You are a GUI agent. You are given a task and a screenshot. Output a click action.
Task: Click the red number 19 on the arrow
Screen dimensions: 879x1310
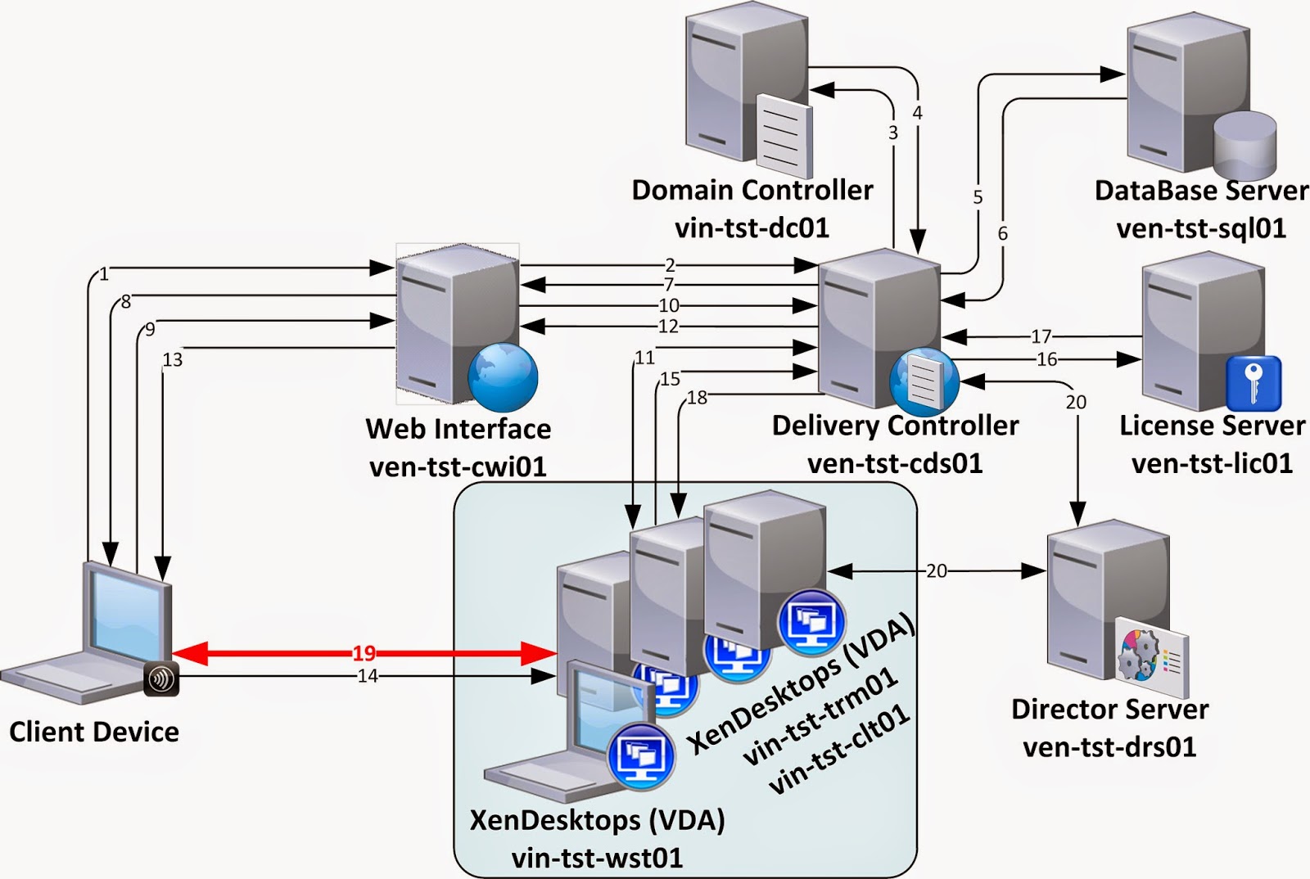point(364,653)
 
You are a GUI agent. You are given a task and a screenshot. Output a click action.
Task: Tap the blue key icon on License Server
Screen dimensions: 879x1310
point(1253,382)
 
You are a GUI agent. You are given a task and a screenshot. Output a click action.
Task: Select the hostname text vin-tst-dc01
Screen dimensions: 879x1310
point(752,228)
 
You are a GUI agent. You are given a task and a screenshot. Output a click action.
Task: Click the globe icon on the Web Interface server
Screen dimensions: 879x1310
point(503,376)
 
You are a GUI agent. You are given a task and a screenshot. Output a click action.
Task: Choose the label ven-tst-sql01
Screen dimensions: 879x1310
point(1201,228)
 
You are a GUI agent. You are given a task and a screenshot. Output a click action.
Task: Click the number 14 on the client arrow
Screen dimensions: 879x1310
point(368,676)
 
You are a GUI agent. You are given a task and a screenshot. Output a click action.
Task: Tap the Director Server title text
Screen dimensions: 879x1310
point(1109,709)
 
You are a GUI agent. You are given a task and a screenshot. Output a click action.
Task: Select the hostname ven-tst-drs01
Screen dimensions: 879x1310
point(1109,746)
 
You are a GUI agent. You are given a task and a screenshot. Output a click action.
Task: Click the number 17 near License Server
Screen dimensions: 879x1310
point(1041,336)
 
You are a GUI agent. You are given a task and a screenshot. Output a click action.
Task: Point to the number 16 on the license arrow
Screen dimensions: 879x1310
point(1046,359)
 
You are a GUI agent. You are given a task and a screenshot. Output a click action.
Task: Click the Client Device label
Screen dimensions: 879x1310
point(94,732)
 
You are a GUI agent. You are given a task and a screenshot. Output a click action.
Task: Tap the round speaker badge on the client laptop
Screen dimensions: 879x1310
point(161,679)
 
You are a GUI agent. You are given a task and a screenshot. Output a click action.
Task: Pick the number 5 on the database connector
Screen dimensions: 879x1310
point(978,197)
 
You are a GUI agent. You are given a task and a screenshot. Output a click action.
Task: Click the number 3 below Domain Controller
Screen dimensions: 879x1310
point(893,133)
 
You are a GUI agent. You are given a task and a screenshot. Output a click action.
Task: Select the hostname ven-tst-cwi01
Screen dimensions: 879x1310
point(458,467)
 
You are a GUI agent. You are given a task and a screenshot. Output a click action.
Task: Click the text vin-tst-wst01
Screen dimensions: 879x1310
point(597,858)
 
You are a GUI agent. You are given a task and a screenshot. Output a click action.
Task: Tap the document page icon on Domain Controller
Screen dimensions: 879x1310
point(783,135)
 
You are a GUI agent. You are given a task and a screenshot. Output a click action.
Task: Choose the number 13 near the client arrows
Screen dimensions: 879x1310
point(173,359)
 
